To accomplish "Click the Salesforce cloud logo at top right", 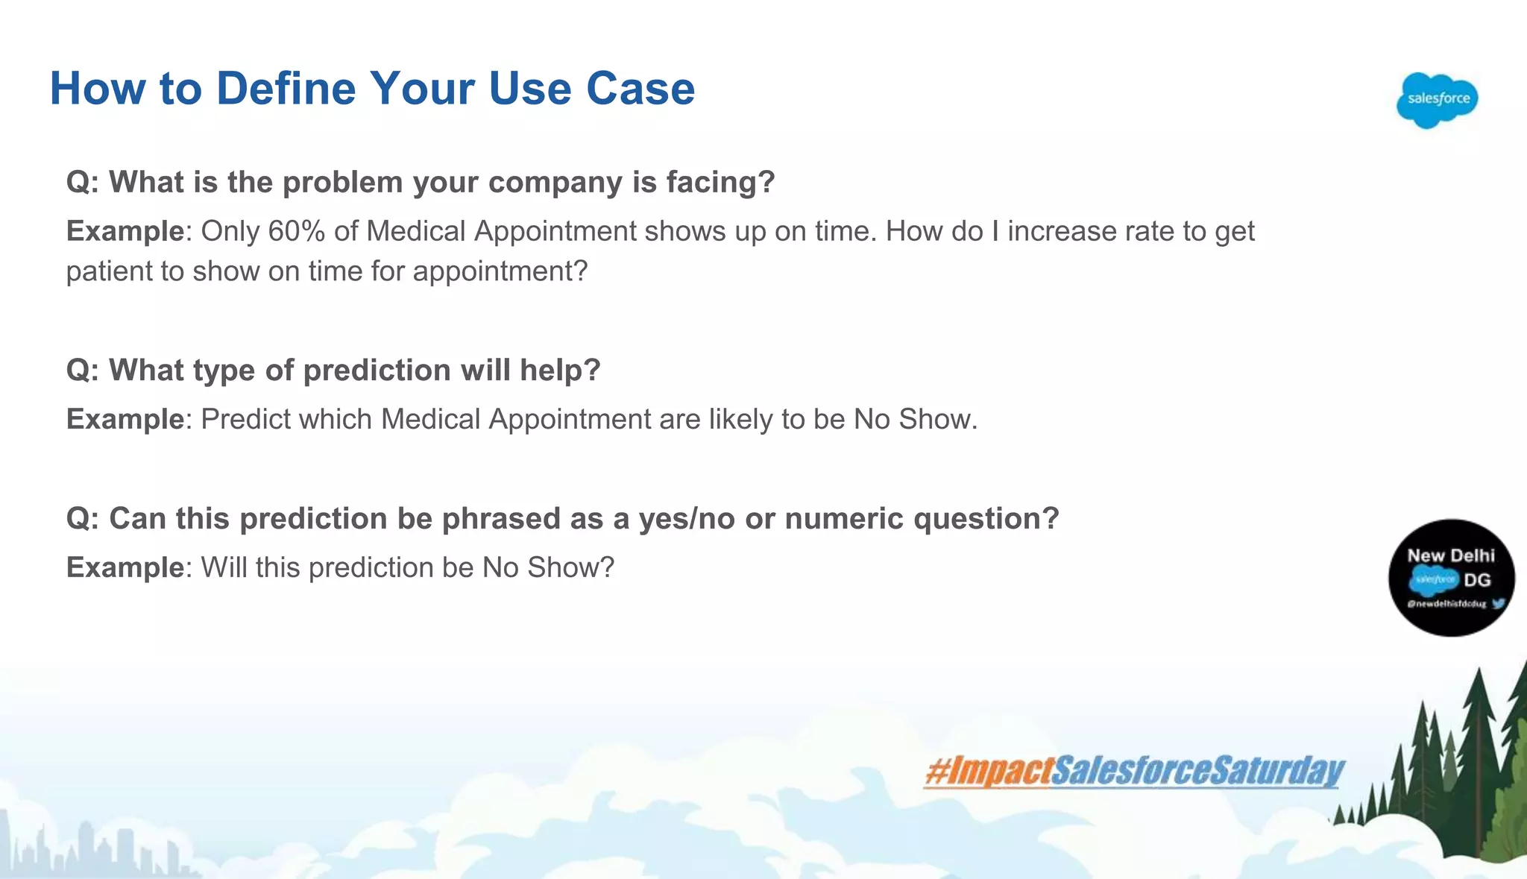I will click(x=1437, y=100).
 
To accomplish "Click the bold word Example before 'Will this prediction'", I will click(x=125, y=568).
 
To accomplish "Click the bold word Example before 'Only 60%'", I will click(x=125, y=232).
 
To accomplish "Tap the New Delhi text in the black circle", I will click(x=1450, y=555).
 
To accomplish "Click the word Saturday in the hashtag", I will click(x=1276, y=772).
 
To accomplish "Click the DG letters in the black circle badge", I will click(x=1477, y=580).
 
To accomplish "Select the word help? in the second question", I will click(x=560, y=371).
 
